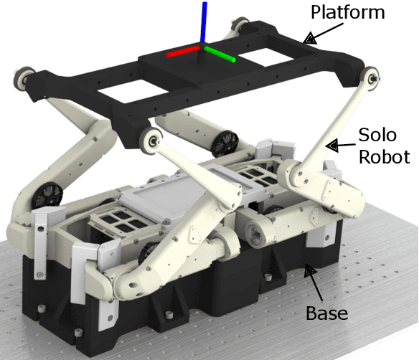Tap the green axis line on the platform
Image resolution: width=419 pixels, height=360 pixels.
click(220, 55)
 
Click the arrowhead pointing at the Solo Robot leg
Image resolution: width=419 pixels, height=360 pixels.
click(332, 146)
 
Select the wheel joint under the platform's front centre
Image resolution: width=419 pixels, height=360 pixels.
click(153, 141)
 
